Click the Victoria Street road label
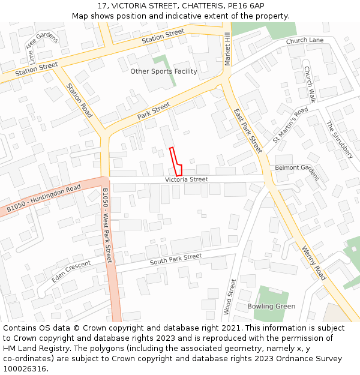(187, 179)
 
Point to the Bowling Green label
(271, 306)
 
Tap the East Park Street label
(248, 131)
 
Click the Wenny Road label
(313, 263)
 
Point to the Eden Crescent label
(71, 272)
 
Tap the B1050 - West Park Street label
(107, 226)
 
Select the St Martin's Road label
(290, 125)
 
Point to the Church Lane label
(304, 41)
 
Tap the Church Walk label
(310, 84)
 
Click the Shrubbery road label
(339, 140)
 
